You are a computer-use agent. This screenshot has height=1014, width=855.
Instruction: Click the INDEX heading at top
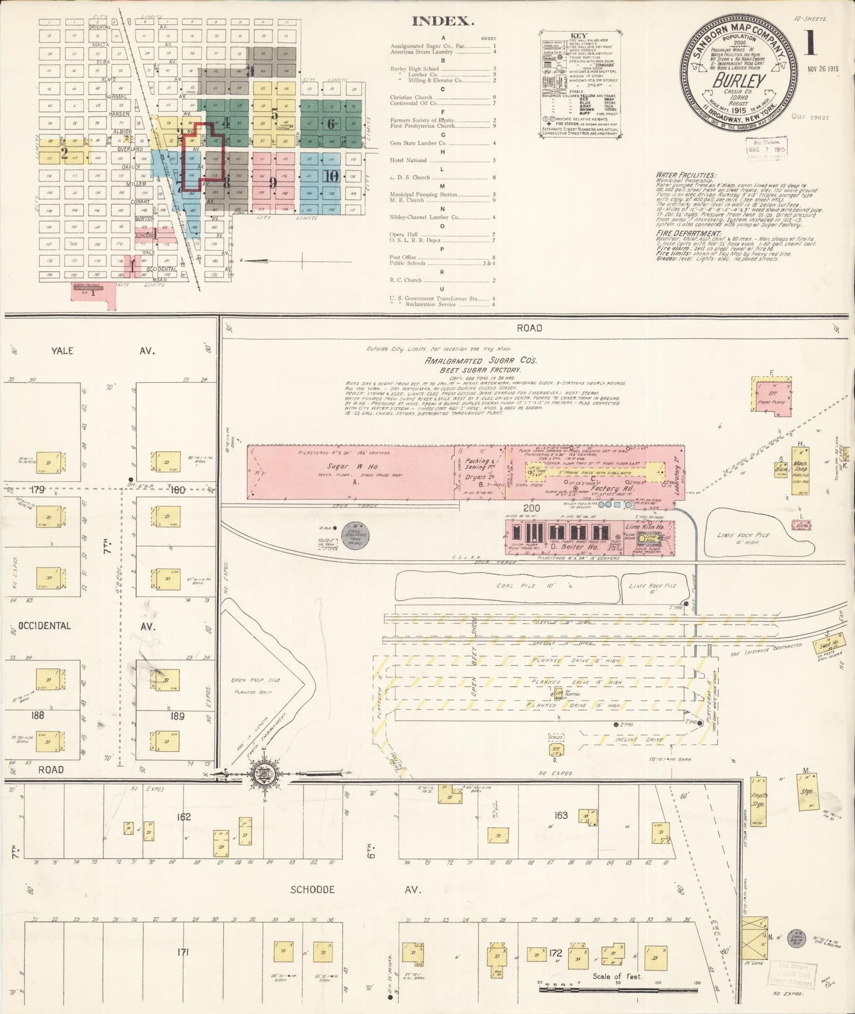[443, 22]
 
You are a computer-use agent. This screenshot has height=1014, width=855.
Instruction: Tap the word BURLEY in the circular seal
[738, 80]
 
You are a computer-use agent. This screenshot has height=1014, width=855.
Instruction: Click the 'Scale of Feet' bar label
[617, 976]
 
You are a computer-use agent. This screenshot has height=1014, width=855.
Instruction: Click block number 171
[183, 952]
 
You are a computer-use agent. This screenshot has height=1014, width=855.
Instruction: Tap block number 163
[560, 815]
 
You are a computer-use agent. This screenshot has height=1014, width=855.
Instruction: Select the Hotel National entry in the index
[408, 160]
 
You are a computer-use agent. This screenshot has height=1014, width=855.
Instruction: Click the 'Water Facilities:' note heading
[686, 175]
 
